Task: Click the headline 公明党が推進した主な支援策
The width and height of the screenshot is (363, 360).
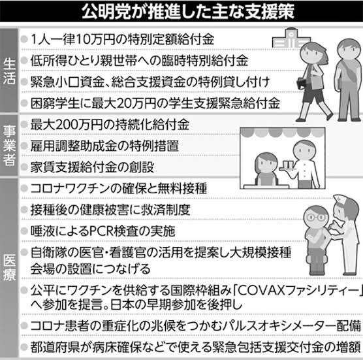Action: [x=188, y=11]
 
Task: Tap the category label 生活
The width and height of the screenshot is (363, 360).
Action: [x=9, y=71]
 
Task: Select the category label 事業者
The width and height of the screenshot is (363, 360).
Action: [x=9, y=146]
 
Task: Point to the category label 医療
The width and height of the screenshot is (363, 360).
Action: [x=9, y=268]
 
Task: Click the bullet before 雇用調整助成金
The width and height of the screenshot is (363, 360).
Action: [x=24, y=146]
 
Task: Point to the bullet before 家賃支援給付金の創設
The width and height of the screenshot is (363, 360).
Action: [x=24, y=167]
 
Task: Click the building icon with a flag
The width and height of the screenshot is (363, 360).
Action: [x=291, y=39]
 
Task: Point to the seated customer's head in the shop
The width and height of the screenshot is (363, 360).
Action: [x=266, y=162]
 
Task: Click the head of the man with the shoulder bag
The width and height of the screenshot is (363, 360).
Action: [x=349, y=49]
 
